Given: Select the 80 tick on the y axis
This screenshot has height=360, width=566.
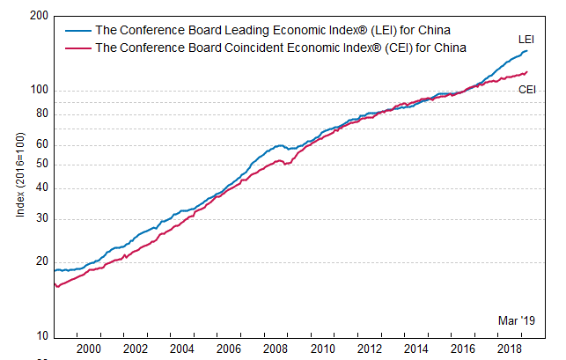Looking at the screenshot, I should (40, 114).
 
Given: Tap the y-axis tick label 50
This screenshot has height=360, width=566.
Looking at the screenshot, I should (40, 165).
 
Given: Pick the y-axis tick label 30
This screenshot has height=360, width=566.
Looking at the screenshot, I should (40, 218).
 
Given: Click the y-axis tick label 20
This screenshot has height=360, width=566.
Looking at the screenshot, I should (40, 262).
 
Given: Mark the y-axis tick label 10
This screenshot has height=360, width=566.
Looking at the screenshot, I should (40, 337).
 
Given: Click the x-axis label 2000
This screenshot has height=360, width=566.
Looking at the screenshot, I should (88, 349).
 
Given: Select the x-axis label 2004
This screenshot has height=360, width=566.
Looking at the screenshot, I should (182, 349).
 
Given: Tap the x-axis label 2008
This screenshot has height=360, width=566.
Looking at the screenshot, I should (276, 349).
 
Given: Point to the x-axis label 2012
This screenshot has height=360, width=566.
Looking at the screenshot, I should (370, 349).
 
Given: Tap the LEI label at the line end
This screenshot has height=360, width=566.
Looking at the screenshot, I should (526, 40).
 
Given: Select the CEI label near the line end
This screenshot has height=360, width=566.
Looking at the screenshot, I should (527, 90).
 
